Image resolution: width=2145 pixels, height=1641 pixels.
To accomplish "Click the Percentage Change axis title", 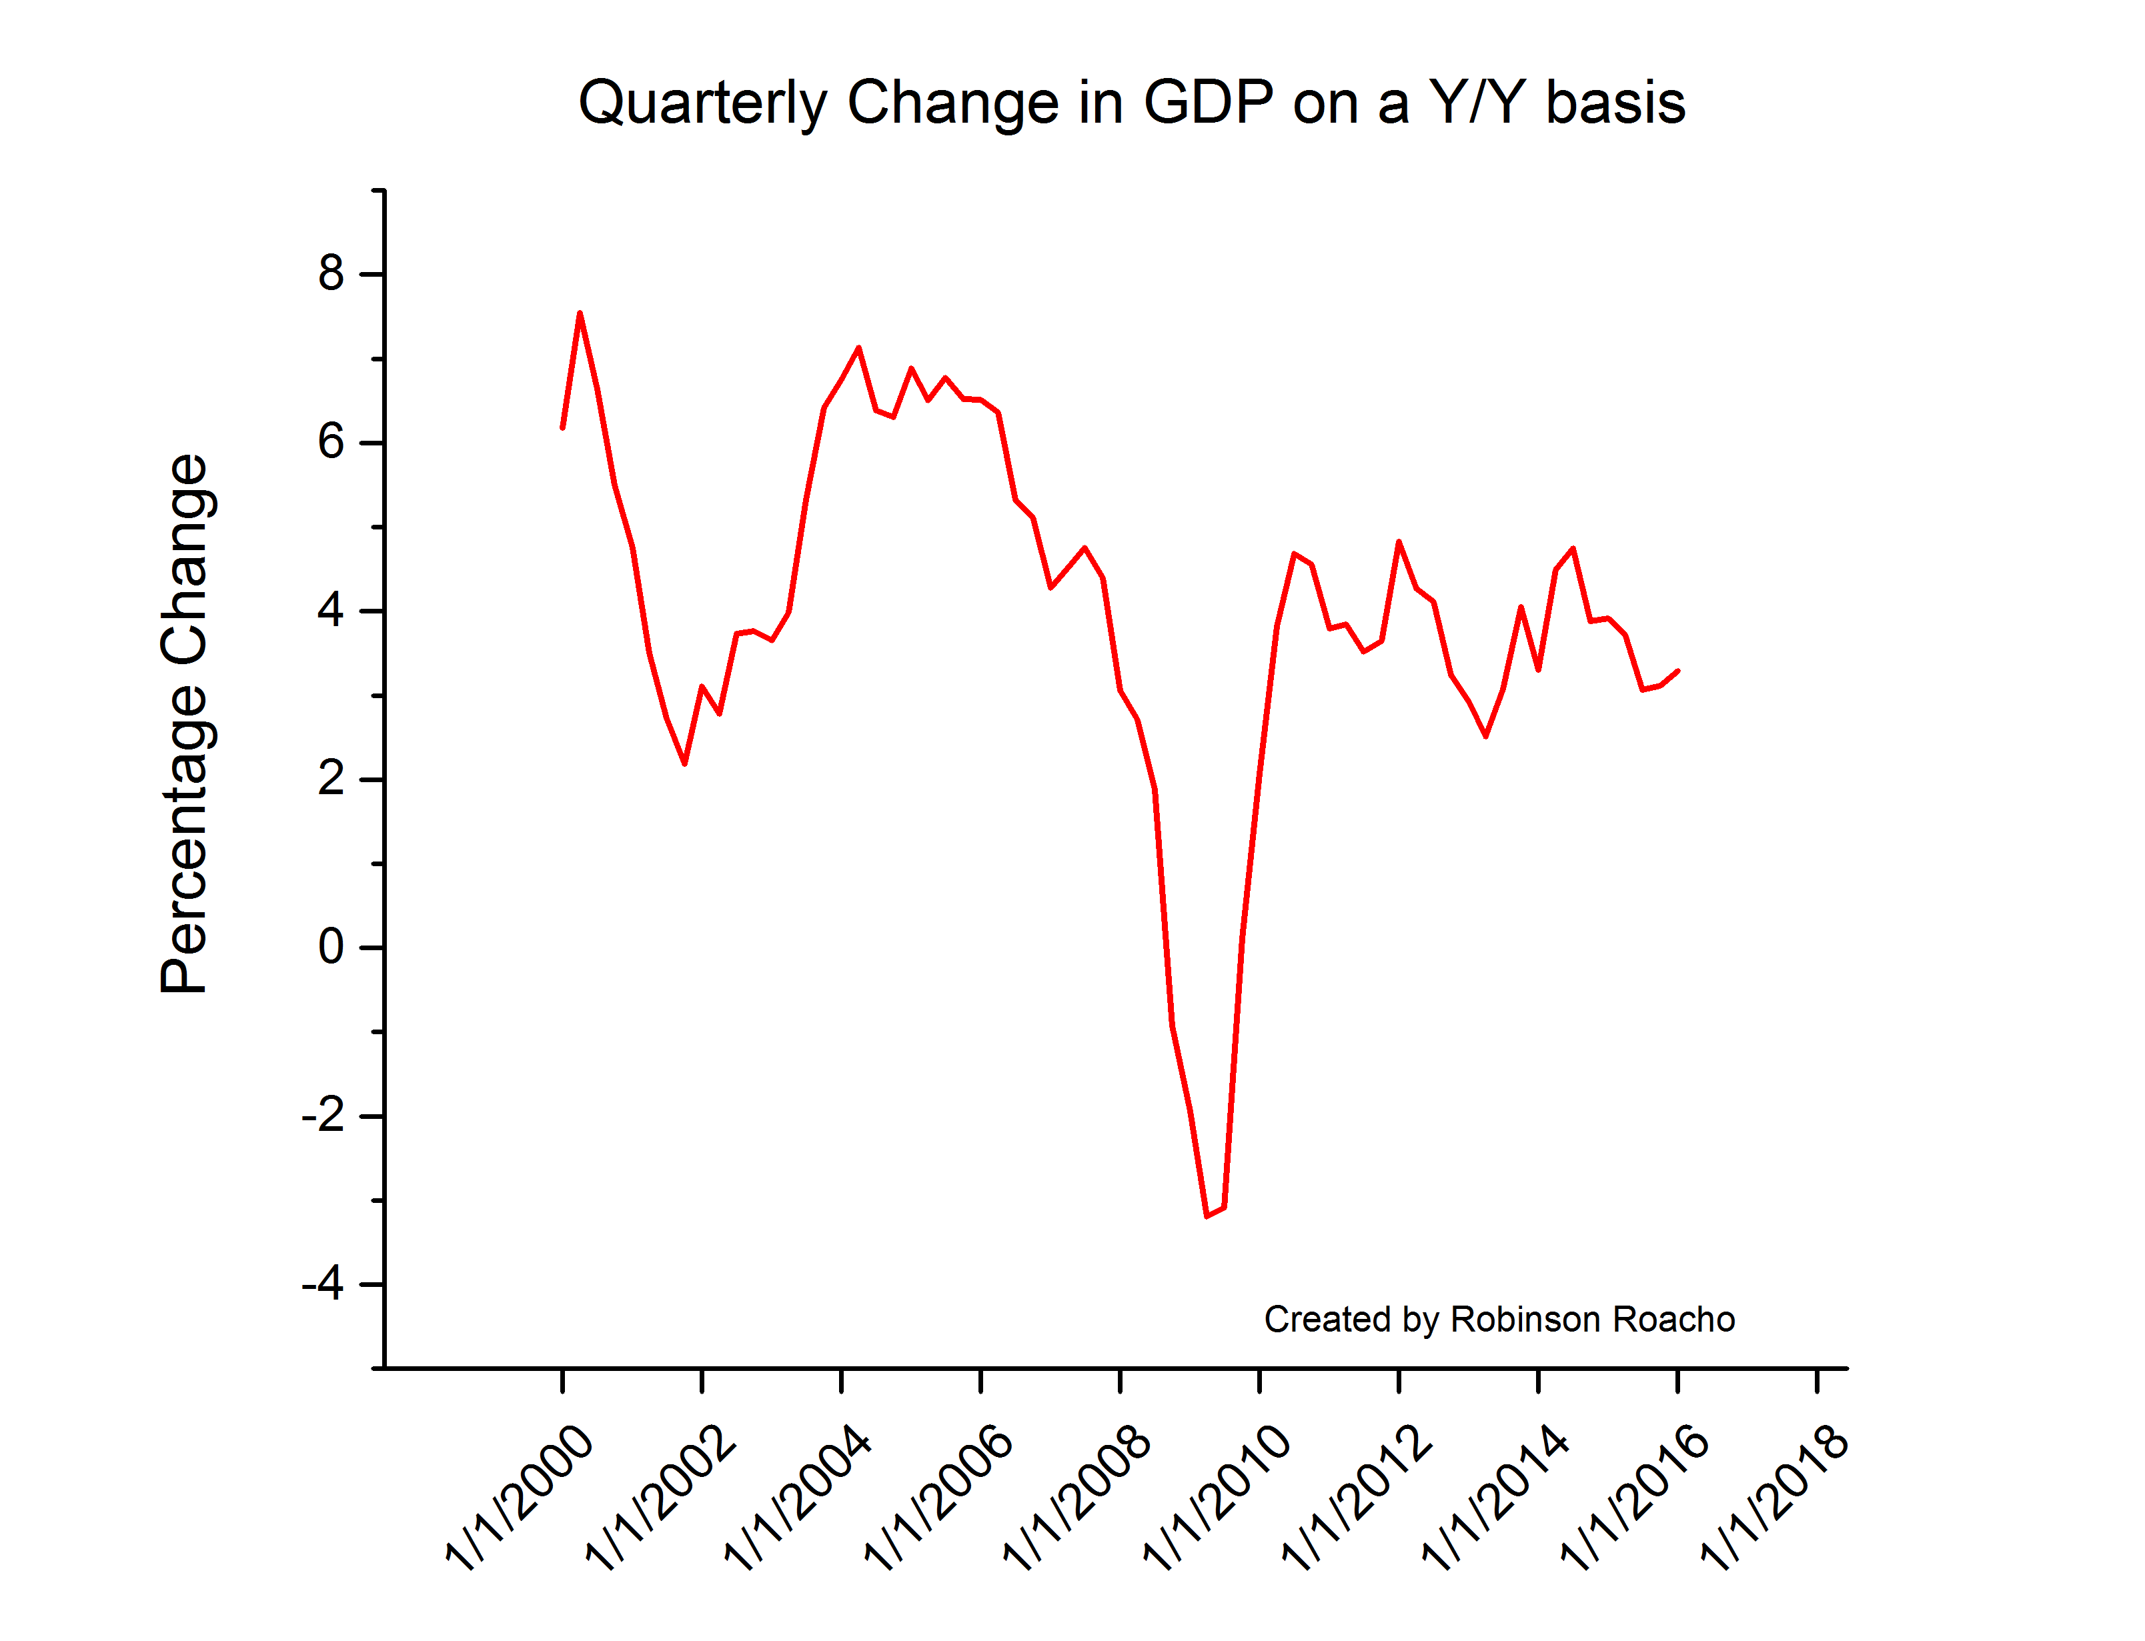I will coord(185,723).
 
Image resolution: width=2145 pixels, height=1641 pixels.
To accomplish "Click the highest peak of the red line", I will coord(580,313).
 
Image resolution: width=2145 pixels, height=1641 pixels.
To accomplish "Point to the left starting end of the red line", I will coord(563,427).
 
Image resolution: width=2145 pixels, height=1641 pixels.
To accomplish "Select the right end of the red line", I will coord(1678,670).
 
